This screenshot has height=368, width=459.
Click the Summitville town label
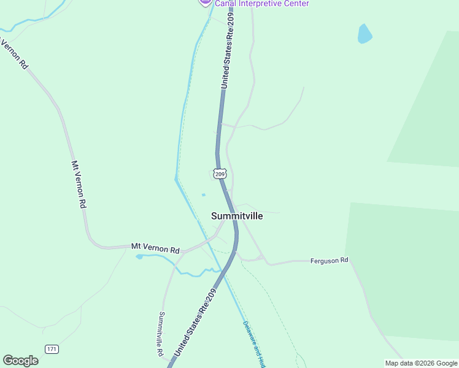coord(237,216)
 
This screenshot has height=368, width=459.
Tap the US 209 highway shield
coord(220,174)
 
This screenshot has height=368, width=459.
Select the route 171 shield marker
coord(52,349)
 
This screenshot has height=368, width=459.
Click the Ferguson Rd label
coord(330,260)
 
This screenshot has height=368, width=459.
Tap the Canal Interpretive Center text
coord(261,4)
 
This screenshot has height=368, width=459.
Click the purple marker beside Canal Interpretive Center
coord(205,2)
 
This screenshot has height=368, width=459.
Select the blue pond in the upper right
coord(364,34)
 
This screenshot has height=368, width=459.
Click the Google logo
coord(20,361)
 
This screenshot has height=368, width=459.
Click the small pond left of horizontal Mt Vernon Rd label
coord(139,256)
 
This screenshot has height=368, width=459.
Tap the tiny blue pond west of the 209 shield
coord(203,196)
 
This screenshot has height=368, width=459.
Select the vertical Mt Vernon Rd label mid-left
coord(79,185)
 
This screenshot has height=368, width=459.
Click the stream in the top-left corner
coord(37,19)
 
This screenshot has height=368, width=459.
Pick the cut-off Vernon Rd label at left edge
coord(13,54)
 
